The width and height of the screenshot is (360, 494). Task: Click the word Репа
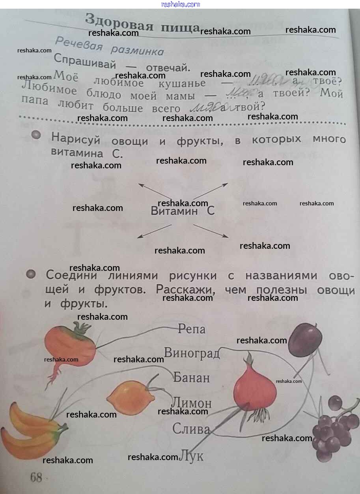click(192, 328)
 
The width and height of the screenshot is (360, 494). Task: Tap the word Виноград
click(192, 353)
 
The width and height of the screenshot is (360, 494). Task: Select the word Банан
click(192, 378)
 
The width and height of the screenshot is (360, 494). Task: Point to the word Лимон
click(192, 403)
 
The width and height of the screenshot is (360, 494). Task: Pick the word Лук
click(192, 456)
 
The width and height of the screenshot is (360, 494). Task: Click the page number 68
click(35, 477)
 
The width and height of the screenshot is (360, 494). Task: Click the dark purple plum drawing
click(305, 339)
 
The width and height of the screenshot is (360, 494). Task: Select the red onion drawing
click(254, 388)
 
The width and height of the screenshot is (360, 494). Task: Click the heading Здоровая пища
click(143, 23)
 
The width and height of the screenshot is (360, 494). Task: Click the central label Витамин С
click(183, 211)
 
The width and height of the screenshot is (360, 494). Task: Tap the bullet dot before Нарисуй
click(36, 135)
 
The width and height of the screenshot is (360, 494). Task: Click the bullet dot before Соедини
click(31, 274)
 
